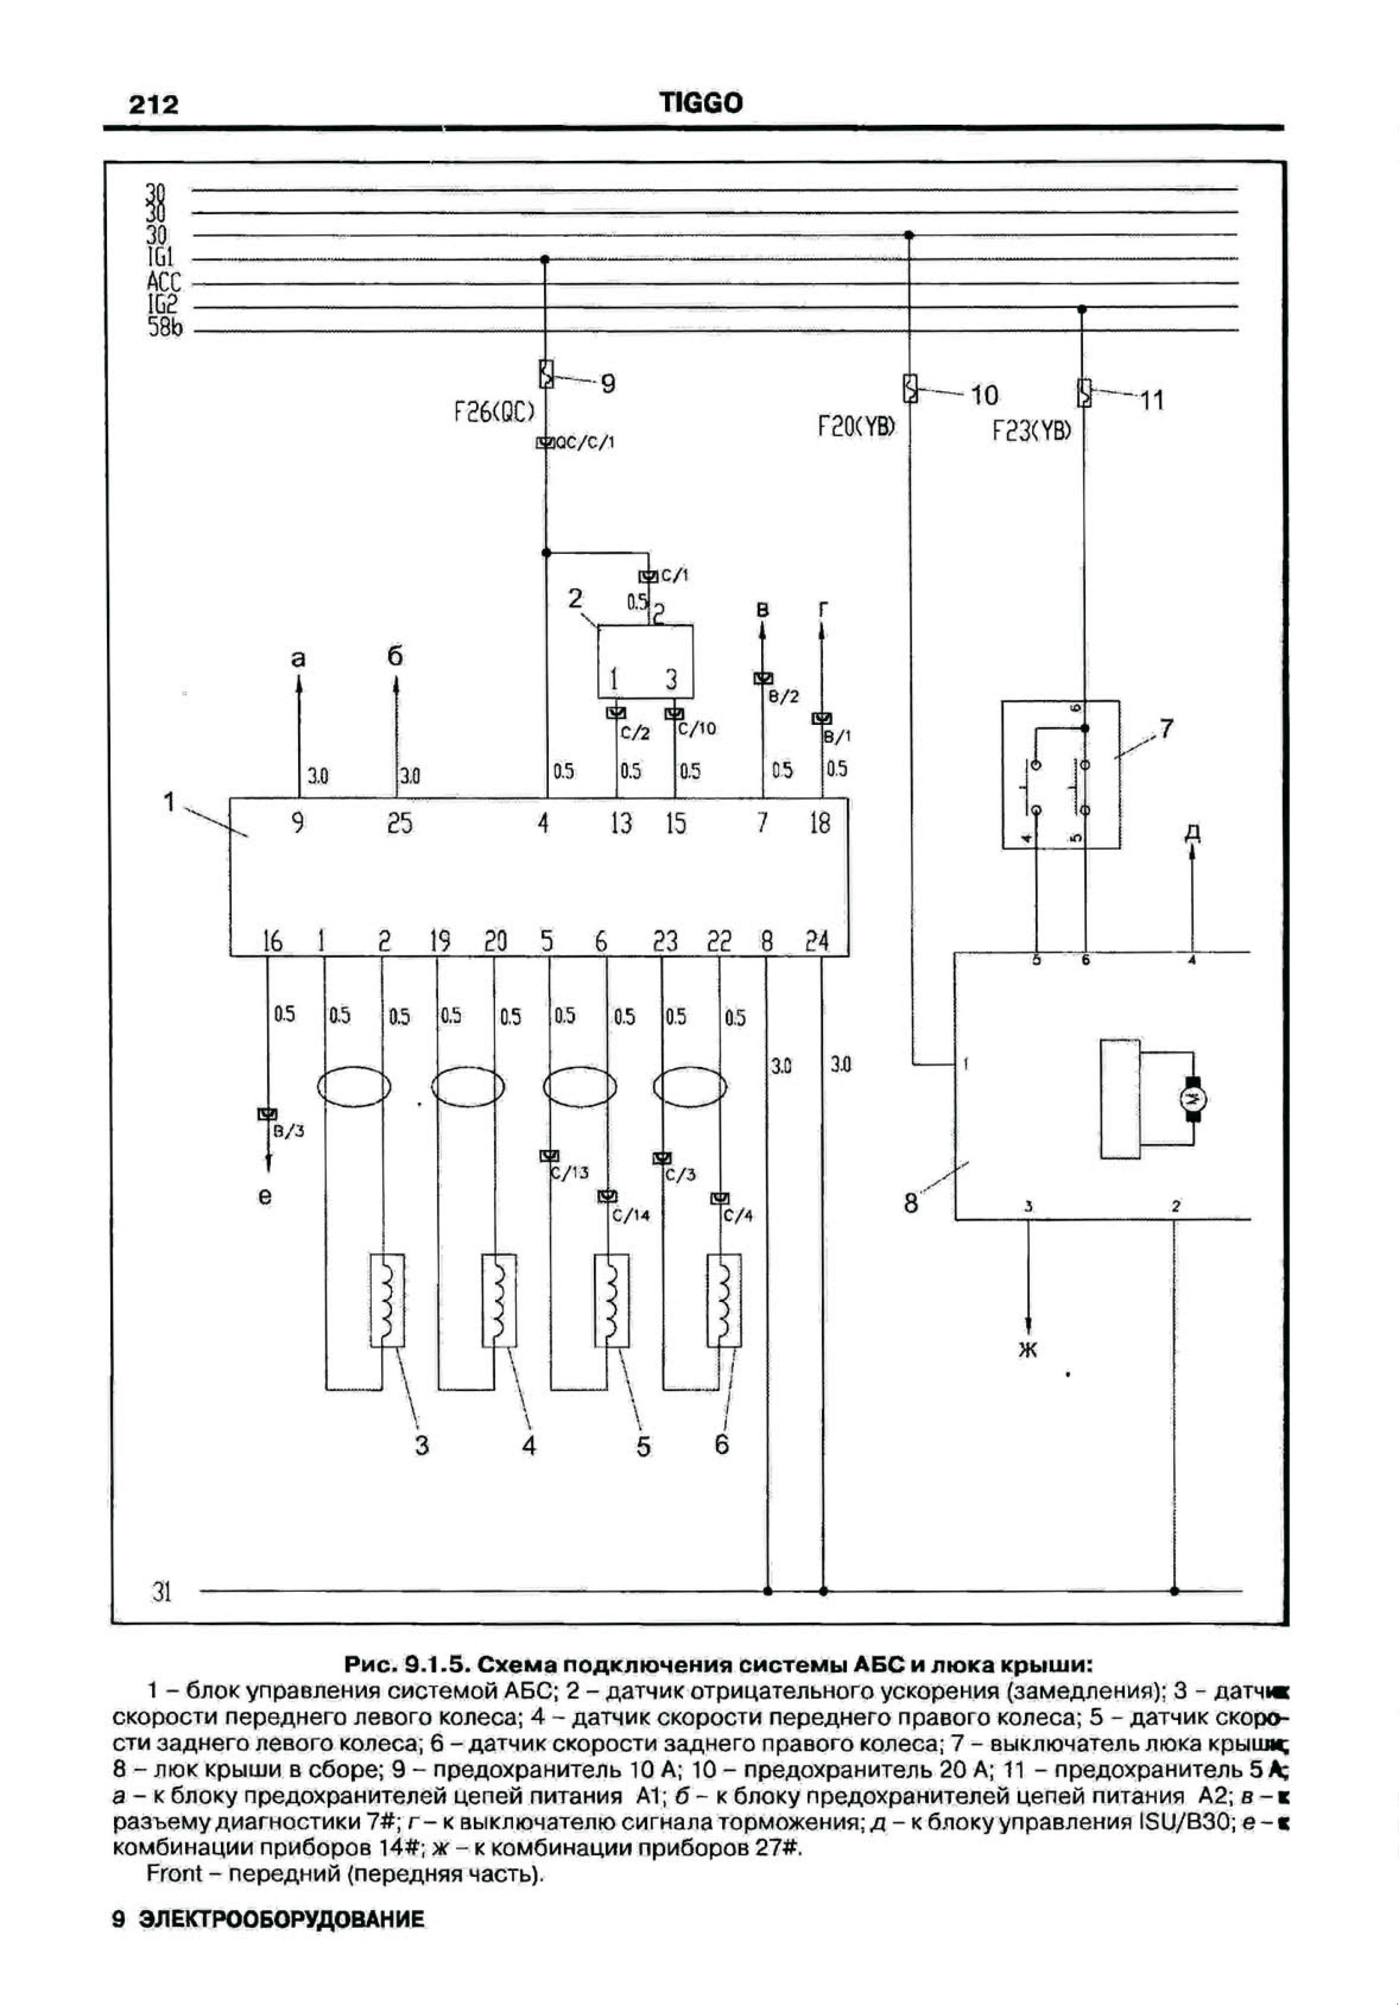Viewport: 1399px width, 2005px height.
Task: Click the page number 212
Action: tap(154, 105)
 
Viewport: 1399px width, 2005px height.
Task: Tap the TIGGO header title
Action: tap(701, 103)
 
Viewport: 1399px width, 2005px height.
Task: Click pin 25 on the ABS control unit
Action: tap(399, 823)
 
